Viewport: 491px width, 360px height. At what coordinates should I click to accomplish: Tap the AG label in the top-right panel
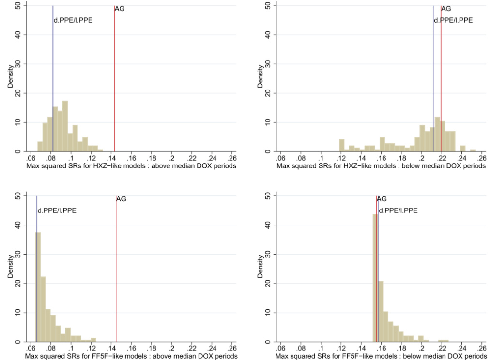coord(446,9)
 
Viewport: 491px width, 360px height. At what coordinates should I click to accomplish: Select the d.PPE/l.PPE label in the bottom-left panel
coord(57,210)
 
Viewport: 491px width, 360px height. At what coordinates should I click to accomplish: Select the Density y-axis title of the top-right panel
coord(261,77)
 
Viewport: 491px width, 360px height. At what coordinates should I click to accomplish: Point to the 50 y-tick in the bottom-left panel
coord(17,195)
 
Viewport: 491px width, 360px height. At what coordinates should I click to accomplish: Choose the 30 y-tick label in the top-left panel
coord(17,64)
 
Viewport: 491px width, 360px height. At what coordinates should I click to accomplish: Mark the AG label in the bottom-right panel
coord(382,199)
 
